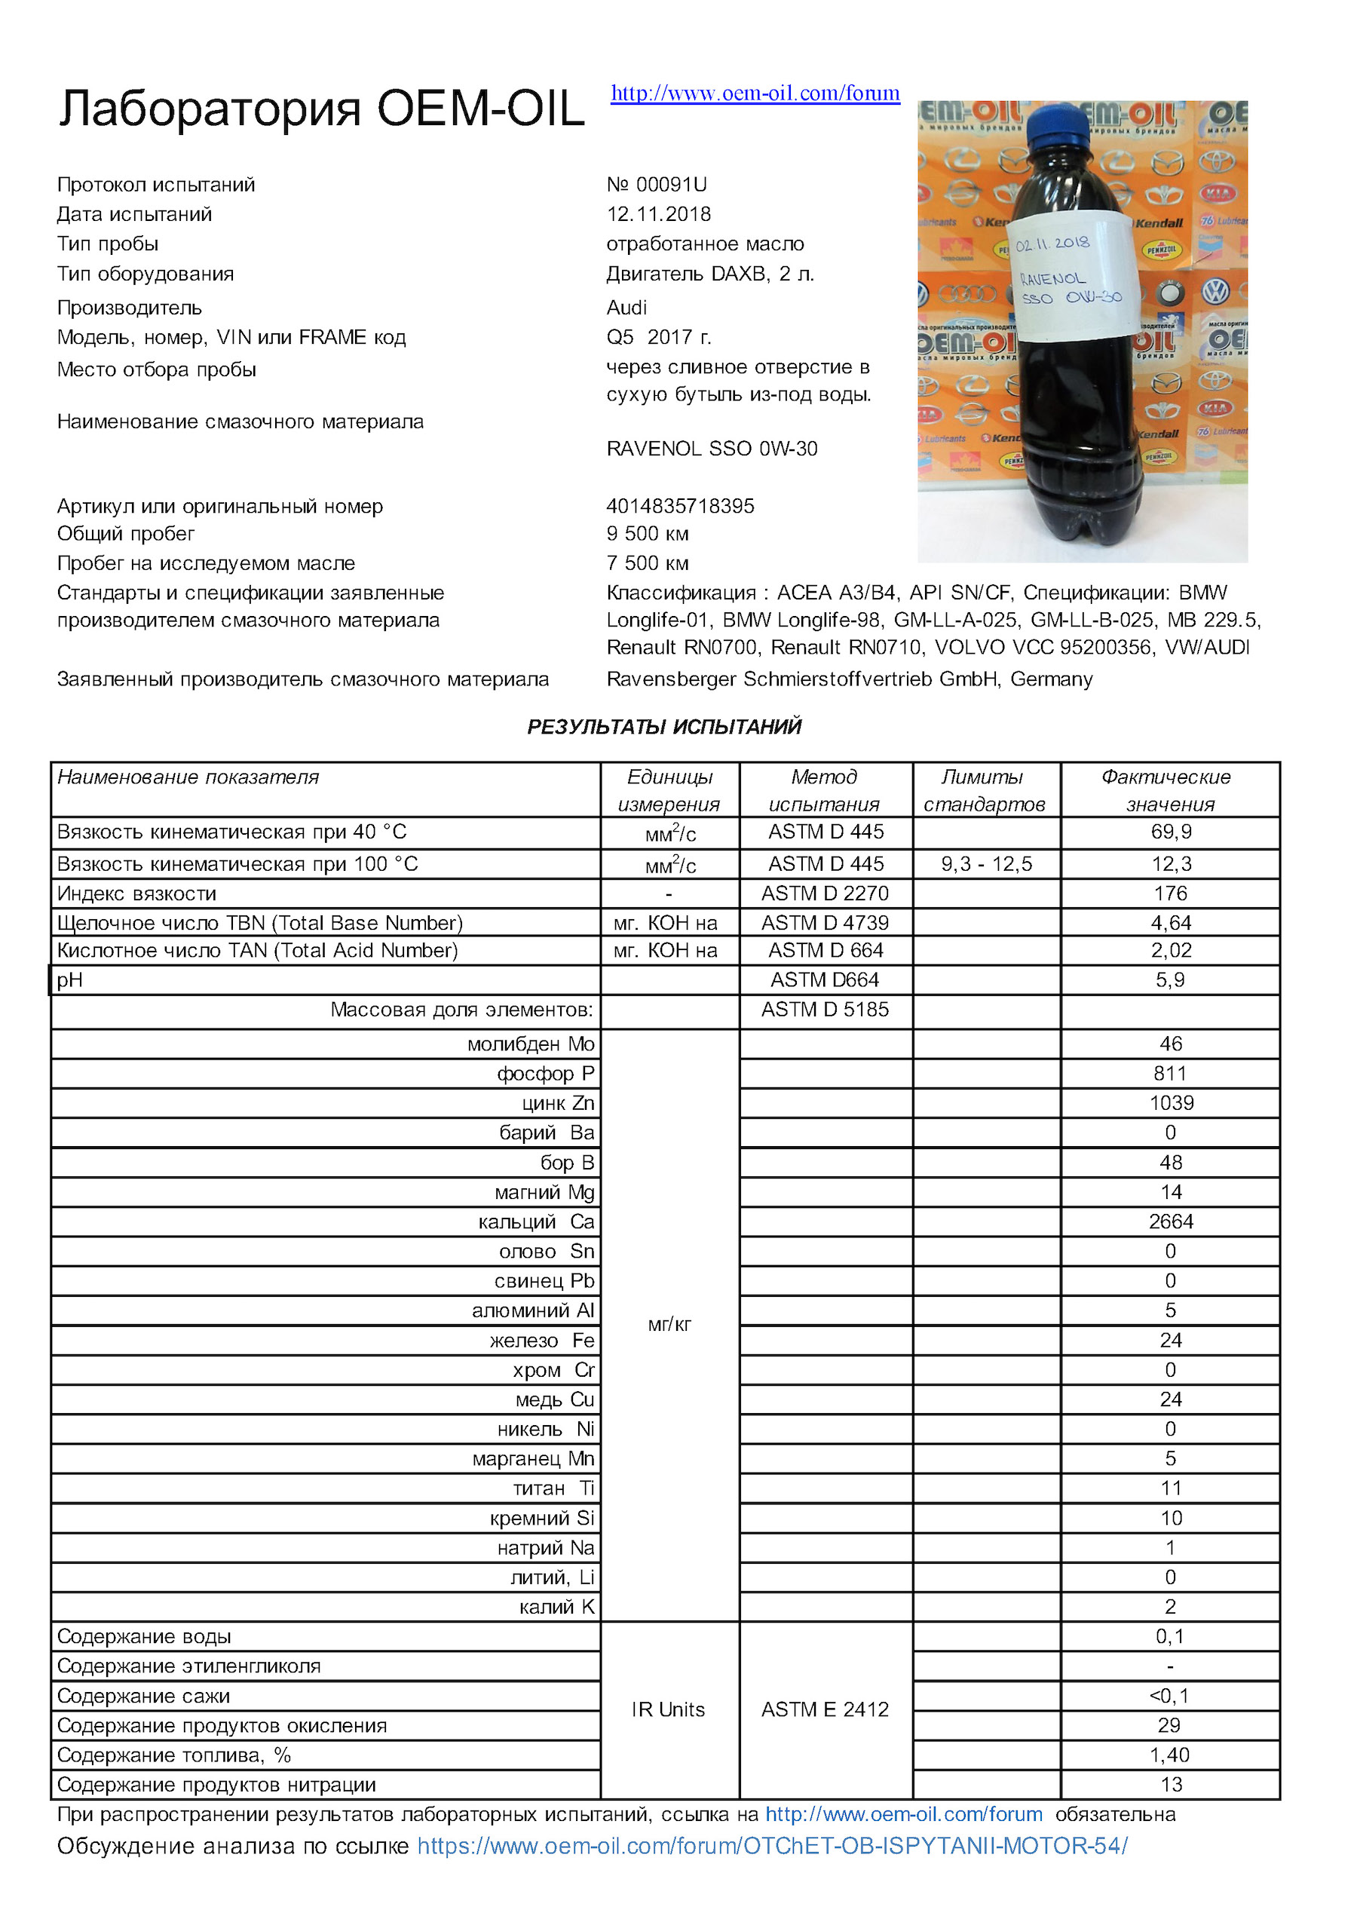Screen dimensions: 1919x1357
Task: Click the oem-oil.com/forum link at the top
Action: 755,93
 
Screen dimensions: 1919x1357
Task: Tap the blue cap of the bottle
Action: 1057,124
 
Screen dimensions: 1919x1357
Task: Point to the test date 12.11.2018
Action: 658,214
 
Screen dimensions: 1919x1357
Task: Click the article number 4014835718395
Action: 680,506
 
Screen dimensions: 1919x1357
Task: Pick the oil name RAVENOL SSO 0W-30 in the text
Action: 712,449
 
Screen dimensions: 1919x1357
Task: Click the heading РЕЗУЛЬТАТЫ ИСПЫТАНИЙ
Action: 664,726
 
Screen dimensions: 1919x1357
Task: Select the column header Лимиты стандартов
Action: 985,789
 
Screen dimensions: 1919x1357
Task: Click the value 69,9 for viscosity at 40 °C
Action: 1170,832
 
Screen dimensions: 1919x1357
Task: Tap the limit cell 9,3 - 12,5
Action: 986,864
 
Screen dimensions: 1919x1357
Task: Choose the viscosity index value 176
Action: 1170,894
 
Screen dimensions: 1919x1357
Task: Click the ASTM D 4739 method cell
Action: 825,923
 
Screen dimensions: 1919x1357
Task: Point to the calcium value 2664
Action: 1170,1222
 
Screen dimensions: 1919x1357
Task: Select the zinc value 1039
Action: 1171,1103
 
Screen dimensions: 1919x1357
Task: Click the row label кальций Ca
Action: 535,1222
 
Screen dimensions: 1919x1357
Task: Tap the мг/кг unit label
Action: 669,1325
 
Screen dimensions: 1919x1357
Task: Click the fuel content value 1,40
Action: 1169,1755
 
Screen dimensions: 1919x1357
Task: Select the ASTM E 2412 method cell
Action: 825,1709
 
